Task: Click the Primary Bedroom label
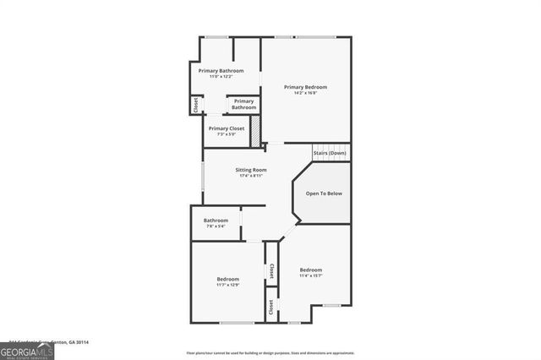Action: (x=305, y=87)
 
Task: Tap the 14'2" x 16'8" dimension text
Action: (x=305, y=93)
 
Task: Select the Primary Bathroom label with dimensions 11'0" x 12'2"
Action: (x=221, y=71)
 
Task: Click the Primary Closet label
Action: (x=227, y=128)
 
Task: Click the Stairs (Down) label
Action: (x=330, y=153)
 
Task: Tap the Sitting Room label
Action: (x=251, y=170)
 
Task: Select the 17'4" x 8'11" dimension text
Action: (x=251, y=176)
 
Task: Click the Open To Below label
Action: (x=324, y=194)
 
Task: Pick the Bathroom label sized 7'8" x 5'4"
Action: (x=216, y=221)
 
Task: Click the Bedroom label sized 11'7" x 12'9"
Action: (x=227, y=279)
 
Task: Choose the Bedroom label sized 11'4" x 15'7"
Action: (x=310, y=270)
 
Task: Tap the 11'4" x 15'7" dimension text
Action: (x=310, y=275)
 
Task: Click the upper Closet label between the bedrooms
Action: (x=271, y=271)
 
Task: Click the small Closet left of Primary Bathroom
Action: (x=196, y=106)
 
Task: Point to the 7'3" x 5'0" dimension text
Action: (x=227, y=134)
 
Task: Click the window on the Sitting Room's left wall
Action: (x=203, y=177)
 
